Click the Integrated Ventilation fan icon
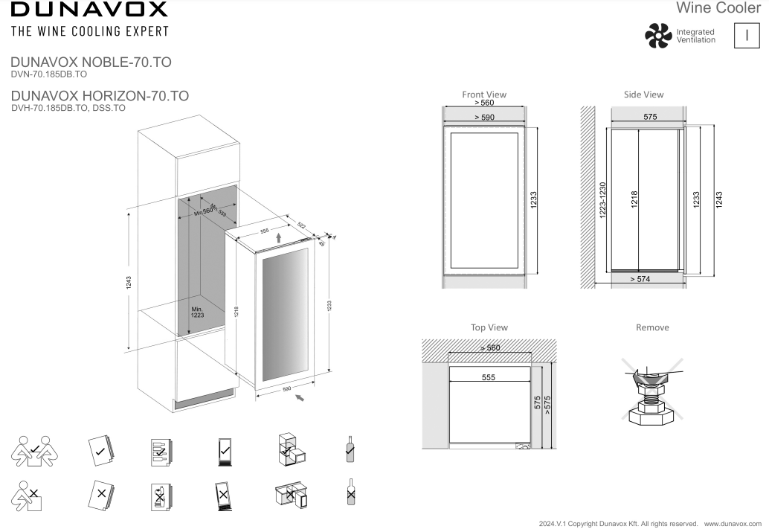coord(657,36)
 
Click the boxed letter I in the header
coord(746,36)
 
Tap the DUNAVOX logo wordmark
coord(89,10)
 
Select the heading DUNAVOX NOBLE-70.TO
coord(91,62)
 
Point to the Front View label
coord(484,94)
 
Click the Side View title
coord(643,94)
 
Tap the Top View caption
coord(489,327)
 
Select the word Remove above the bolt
coord(652,327)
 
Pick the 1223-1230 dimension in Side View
coord(603,199)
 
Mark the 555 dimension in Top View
coord(488,378)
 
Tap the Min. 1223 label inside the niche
coord(197,312)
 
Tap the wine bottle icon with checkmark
coord(350,449)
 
